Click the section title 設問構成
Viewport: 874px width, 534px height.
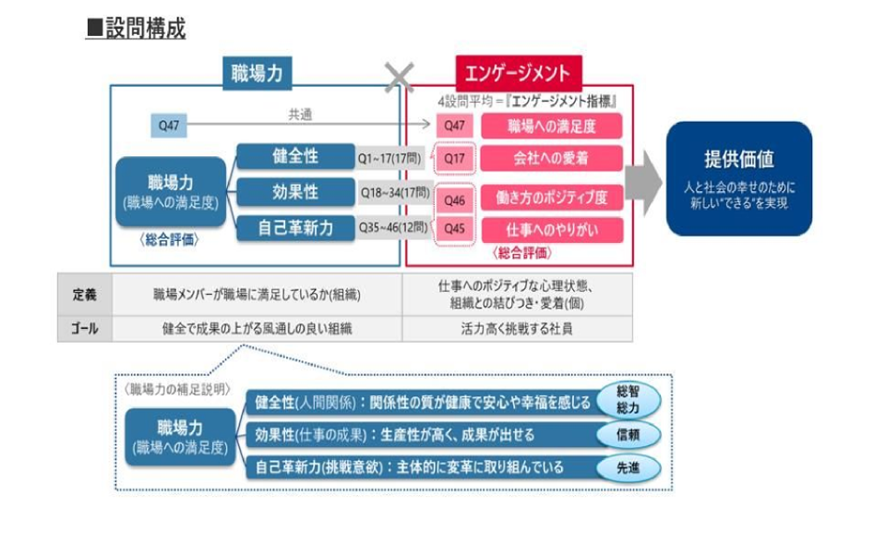[136, 29]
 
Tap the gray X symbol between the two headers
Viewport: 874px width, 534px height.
[399, 76]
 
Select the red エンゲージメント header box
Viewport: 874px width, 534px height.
[514, 73]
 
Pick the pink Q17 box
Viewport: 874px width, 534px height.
[455, 158]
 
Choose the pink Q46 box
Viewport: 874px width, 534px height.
[455, 199]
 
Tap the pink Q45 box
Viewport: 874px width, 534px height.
[455, 228]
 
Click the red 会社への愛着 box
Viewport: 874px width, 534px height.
[552, 158]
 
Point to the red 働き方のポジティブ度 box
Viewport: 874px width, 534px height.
[552, 197]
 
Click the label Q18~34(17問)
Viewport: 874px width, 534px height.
[394, 193]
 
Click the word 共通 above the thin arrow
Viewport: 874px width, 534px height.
[300, 114]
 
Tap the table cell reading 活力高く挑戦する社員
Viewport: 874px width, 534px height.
[517, 328]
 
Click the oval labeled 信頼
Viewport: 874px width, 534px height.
[628, 433]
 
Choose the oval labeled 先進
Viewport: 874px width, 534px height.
[628, 468]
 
